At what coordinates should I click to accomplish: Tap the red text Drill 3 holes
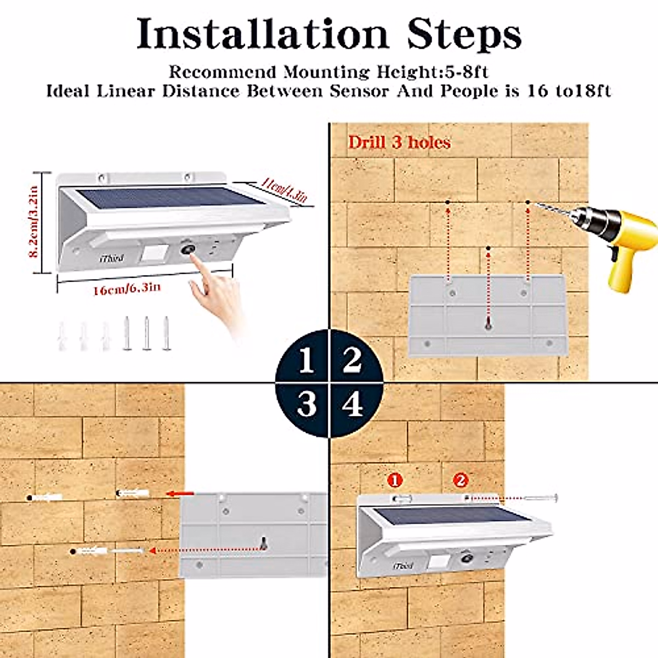(x=399, y=143)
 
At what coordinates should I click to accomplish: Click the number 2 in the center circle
(x=352, y=360)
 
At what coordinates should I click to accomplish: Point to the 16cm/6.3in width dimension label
(x=127, y=288)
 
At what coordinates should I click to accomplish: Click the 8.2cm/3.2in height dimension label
(x=34, y=222)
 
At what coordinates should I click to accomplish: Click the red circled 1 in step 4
(x=394, y=480)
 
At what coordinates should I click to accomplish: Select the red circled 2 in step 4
(x=461, y=480)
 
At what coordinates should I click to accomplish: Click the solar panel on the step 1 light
(x=159, y=197)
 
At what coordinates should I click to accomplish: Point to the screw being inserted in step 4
(x=540, y=498)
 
